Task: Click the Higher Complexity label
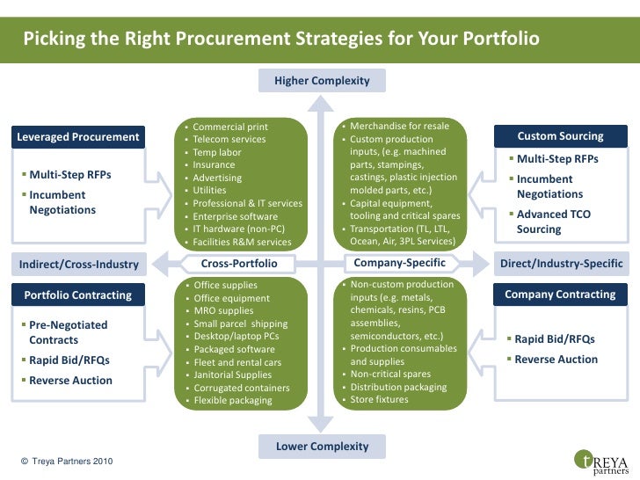(x=322, y=81)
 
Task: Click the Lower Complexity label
(x=322, y=446)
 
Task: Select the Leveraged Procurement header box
(x=78, y=136)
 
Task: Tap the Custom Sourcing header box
(x=560, y=136)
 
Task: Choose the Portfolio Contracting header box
(x=78, y=295)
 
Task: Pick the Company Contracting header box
(x=560, y=295)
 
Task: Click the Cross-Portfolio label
(x=239, y=264)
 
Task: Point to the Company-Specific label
(x=399, y=263)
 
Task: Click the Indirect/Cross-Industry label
(x=79, y=264)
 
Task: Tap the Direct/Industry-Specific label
(x=561, y=264)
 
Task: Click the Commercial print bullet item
(x=230, y=127)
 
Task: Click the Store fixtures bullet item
(x=379, y=400)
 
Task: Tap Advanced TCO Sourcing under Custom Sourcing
(x=553, y=222)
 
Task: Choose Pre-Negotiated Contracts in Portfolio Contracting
(x=68, y=332)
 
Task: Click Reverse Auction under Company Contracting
(x=556, y=360)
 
